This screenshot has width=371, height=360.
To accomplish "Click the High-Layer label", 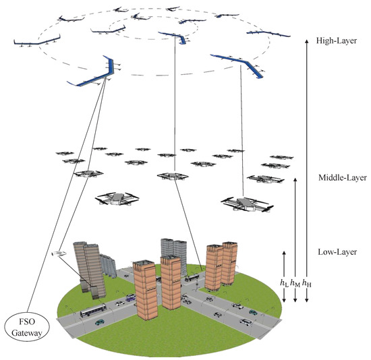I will pos(335,41).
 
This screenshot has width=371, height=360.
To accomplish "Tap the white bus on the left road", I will pos(93,312).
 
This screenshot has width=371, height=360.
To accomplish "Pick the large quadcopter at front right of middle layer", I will pos(244,202).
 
